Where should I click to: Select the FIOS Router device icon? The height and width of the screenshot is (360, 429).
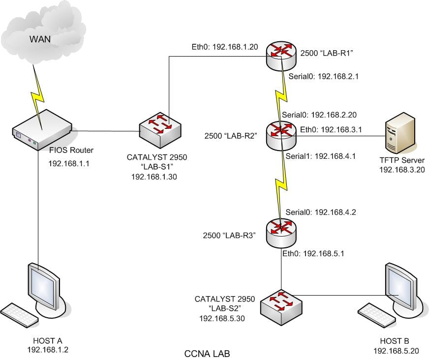41,131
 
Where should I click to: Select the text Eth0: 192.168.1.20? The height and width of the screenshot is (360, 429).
218,48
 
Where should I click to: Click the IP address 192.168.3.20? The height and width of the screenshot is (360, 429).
401,169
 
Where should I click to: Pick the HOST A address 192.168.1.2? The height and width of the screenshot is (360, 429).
47,349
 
